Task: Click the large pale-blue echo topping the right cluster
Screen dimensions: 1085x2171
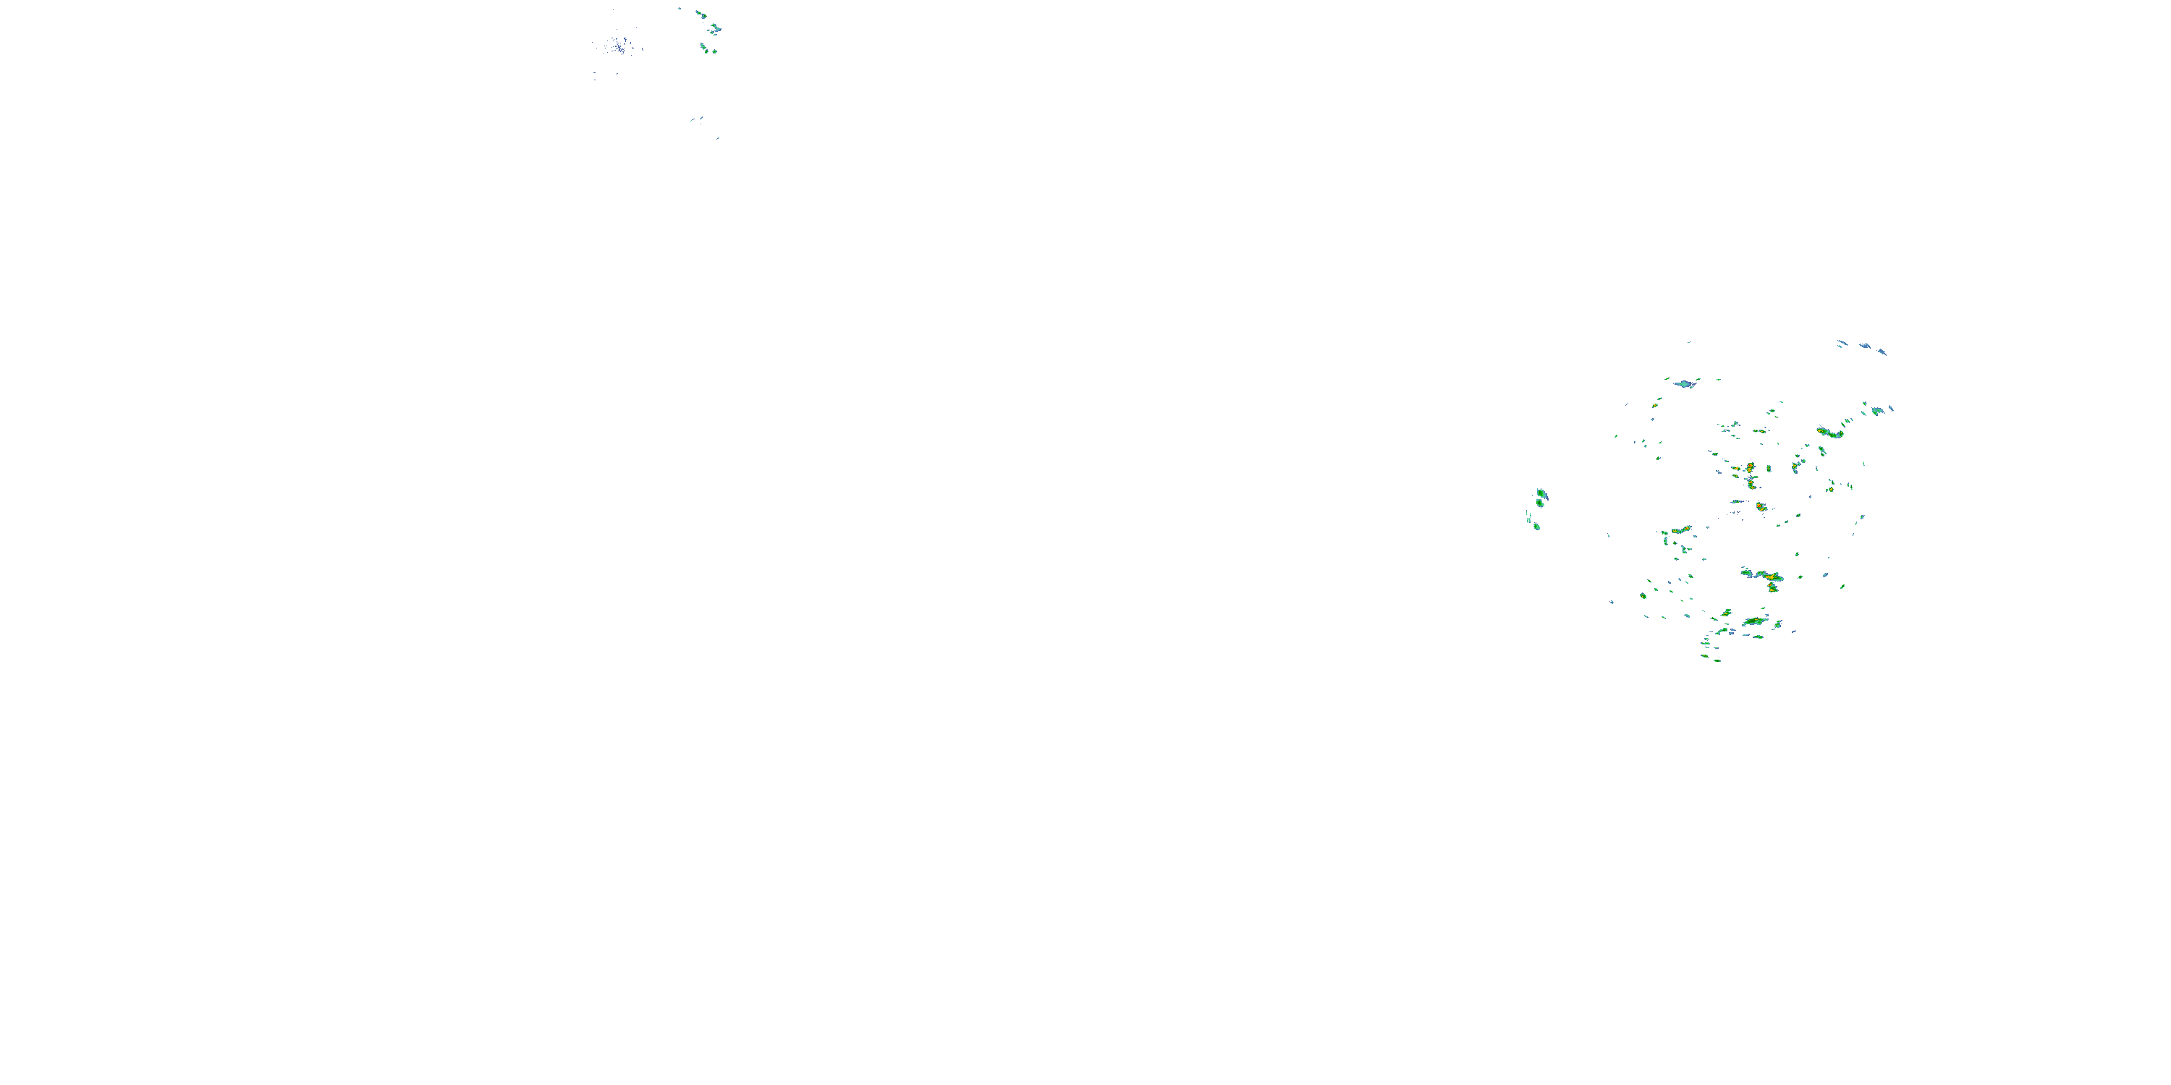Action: click(1685, 384)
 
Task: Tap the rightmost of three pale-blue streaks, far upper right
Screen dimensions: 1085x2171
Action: click(1882, 352)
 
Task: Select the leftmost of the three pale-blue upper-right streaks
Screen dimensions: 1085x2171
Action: click(1842, 343)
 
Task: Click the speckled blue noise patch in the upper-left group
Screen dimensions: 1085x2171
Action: click(618, 45)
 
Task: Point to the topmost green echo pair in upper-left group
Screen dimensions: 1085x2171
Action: click(701, 14)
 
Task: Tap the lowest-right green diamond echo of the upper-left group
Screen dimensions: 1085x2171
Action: click(714, 51)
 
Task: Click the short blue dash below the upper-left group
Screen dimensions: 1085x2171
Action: click(697, 119)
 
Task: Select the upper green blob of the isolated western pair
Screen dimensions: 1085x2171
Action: click(1541, 493)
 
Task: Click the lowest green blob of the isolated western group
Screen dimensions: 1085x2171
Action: click(1536, 527)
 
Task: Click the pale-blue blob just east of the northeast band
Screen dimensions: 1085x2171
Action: click(1878, 411)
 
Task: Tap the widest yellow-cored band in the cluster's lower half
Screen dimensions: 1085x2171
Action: click(1761, 575)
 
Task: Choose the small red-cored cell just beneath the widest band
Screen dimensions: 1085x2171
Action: click(1772, 587)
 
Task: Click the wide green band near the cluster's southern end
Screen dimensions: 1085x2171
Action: click(1755, 621)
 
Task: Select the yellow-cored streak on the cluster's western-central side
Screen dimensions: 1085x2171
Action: click(1681, 531)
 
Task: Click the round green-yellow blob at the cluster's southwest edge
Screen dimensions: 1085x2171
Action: click(1643, 595)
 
